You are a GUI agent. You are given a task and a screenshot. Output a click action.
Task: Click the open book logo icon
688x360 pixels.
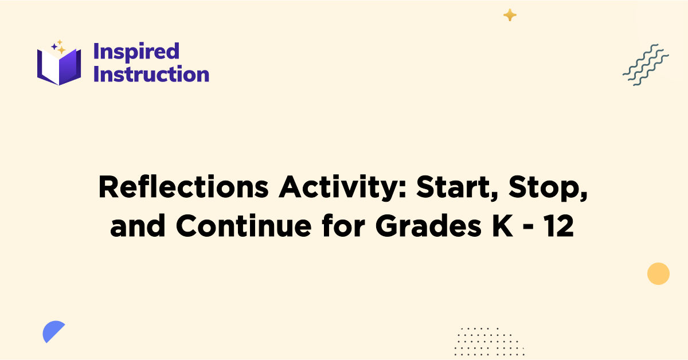click(x=59, y=66)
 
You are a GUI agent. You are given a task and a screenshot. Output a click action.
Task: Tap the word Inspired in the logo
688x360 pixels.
click(x=136, y=52)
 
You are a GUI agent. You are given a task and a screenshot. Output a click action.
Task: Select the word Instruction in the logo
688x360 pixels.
click(x=151, y=75)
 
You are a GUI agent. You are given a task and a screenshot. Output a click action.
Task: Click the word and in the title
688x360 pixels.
click(x=139, y=227)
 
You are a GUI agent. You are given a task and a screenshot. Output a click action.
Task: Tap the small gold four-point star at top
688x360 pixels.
click(x=509, y=15)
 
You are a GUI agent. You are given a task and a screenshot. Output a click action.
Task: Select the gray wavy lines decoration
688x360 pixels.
click(x=646, y=64)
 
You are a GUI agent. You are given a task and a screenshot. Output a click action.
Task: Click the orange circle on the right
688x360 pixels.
click(x=658, y=273)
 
